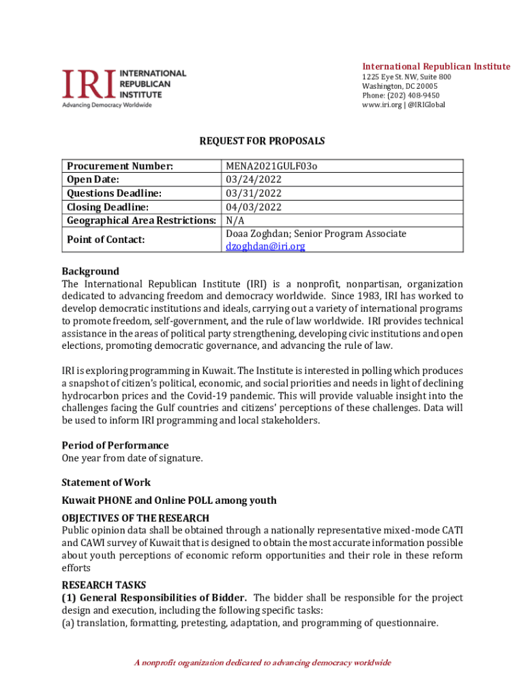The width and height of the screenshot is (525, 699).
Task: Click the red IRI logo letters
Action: pyautogui.click(x=89, y=83)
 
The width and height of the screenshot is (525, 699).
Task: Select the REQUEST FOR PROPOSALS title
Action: pyautogui.click(x=262, y=141)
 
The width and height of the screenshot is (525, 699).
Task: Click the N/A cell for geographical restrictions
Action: pyautogui.click(x=235, y=220)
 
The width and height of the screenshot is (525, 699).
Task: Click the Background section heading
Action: pyautogui.click(x=90, y=271)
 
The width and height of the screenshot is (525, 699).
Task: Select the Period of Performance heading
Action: pyautogui.click(x=115, y=446)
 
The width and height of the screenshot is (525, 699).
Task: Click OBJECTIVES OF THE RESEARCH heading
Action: pyautogui.click(x=136, y=518)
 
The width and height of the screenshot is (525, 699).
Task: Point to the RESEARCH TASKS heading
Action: pyautogui.click(x=104, y=585)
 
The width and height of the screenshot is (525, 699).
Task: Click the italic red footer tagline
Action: pyautogui.click(x=262, y=663)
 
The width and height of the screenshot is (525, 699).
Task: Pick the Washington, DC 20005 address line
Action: pyautogui.click(x=400, y=86)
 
